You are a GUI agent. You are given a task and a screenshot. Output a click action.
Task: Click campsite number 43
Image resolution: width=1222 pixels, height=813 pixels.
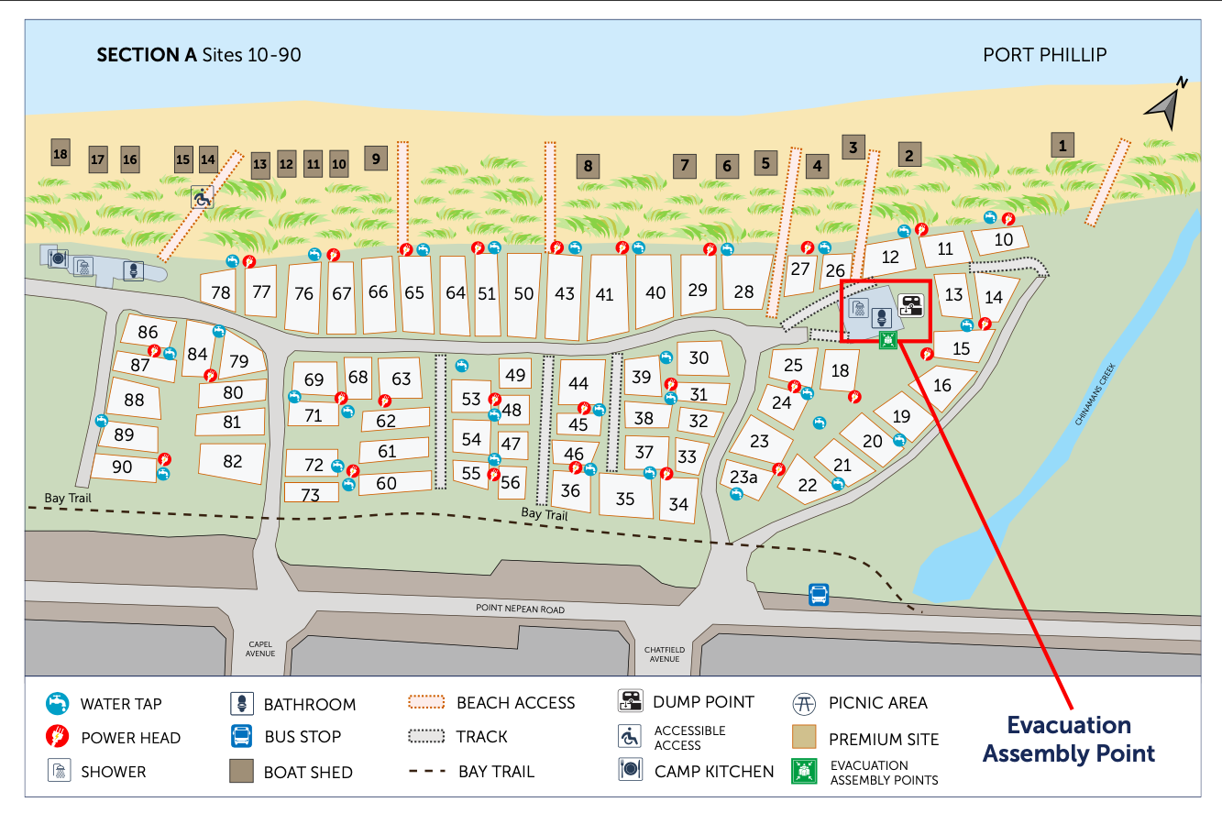coord(565,294)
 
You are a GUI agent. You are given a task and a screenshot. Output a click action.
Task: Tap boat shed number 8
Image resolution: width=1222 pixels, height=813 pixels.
coord(588,167)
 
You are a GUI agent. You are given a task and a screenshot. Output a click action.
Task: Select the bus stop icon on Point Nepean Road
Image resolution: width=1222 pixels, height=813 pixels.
coord(819,595)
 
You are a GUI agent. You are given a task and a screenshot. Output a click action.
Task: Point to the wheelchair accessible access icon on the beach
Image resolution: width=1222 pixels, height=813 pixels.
coord(202,196)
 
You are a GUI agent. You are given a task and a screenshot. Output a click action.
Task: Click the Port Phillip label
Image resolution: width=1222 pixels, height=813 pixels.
coord(1044,55)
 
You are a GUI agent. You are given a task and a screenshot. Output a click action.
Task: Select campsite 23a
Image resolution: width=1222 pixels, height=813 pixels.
coord(743,477)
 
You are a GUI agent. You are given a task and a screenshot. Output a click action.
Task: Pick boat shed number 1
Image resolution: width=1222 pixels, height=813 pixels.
coord(1062,145)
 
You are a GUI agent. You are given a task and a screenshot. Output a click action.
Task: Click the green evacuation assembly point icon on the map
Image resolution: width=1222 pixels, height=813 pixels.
coord(887,341)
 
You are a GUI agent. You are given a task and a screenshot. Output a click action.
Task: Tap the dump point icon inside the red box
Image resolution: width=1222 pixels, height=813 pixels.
coord(910,304)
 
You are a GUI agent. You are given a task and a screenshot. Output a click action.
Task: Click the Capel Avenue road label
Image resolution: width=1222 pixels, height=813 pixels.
coord(260,648)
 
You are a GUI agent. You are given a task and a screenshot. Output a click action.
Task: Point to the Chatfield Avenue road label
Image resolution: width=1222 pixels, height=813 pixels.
coord(665,654)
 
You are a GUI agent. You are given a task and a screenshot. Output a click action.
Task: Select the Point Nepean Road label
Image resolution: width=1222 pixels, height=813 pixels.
coord(520,609)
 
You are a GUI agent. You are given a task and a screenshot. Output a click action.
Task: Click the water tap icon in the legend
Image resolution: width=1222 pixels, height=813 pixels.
coord(58,704)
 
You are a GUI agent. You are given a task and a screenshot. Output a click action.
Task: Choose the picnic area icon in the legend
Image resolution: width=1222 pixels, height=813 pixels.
coord(804,704)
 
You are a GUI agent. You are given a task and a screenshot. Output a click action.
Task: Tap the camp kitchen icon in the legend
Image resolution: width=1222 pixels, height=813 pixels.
coord(631,771)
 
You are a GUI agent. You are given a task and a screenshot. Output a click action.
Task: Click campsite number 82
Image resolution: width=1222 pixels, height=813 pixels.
coord(233,462)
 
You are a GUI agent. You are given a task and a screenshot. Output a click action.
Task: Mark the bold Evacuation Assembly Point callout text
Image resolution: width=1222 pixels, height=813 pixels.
coord(1068,740)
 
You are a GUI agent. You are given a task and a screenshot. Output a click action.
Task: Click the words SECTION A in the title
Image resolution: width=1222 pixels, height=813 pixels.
coord(147,55)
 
